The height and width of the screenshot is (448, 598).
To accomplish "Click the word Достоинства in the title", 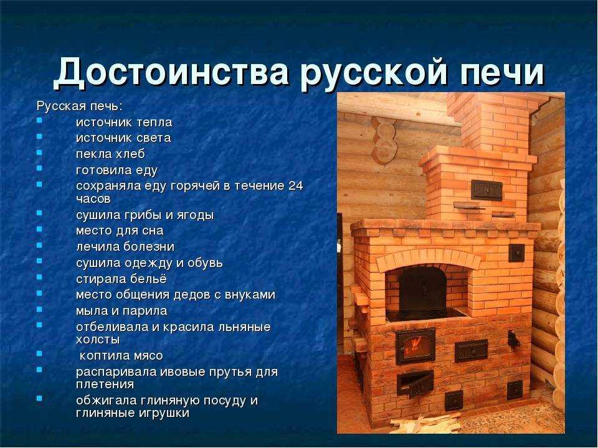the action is coord(171,72).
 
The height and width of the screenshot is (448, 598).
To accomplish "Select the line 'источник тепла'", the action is coord(124,123).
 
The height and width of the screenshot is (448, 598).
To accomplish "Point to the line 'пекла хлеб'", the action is coord(110,154).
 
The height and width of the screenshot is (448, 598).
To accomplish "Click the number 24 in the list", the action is coord(295,185).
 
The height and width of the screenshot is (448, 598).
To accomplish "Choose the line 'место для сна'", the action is coord(120,230).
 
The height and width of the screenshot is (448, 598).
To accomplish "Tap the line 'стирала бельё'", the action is coord(121,279).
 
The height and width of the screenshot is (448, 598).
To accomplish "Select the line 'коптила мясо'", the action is coord(121,355).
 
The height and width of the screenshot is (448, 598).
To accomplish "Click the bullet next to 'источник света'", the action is coord(40,135).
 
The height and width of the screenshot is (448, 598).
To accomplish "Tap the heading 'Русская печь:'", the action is coord(80,106).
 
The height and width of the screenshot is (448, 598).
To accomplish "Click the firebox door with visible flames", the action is coord(415,346).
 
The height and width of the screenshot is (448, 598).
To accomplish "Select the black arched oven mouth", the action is coord(422,288).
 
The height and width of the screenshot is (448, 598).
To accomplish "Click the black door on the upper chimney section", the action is coord(486,190).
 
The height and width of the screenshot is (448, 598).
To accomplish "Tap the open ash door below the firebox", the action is coord(415,383).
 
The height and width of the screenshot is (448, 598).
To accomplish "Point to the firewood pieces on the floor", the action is coord(419,424).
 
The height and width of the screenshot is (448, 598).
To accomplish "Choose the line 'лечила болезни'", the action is coord(125,246).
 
